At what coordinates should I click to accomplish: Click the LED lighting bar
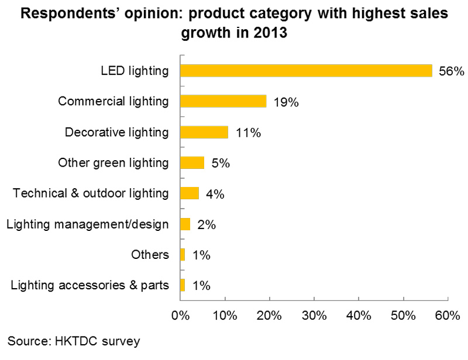(x=305, y=71)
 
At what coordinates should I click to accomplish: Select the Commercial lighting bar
(x=223, y=101)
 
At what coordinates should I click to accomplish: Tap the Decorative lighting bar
(x=204, y=132)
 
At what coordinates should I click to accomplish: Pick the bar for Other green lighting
(x=192, y=162)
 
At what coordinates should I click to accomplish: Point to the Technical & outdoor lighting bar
(x=190, y=193)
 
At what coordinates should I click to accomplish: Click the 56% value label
(x=451, y=72)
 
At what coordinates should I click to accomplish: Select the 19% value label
(x=286, y=102)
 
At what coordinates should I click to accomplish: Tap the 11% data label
(x=247, y=133)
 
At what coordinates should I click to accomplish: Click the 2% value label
(x=206, y=224)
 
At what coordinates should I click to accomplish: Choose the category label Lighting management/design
(x=87, y=223)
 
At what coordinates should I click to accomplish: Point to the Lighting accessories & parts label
(x=90, y=285)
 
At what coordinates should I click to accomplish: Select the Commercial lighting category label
(x=113, y=101)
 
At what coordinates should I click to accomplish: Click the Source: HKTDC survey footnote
(x=74, y=341)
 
